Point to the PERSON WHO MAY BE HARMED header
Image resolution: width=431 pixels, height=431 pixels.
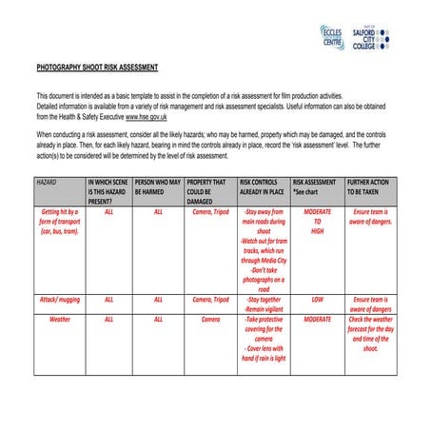157,186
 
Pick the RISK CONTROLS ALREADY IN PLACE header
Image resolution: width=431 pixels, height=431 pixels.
263,186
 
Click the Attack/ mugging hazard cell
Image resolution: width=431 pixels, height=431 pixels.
59,299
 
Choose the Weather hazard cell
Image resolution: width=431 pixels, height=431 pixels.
59,320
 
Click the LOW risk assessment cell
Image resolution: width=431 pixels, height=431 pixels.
318,299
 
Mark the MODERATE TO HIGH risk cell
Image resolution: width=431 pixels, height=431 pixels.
318,222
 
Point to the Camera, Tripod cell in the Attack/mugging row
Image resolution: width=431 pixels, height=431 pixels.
210,299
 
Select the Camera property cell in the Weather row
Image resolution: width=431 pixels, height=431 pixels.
210,320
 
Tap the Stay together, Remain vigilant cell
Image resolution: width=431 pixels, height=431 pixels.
264,304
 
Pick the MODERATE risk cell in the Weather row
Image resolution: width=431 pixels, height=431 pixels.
318,320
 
